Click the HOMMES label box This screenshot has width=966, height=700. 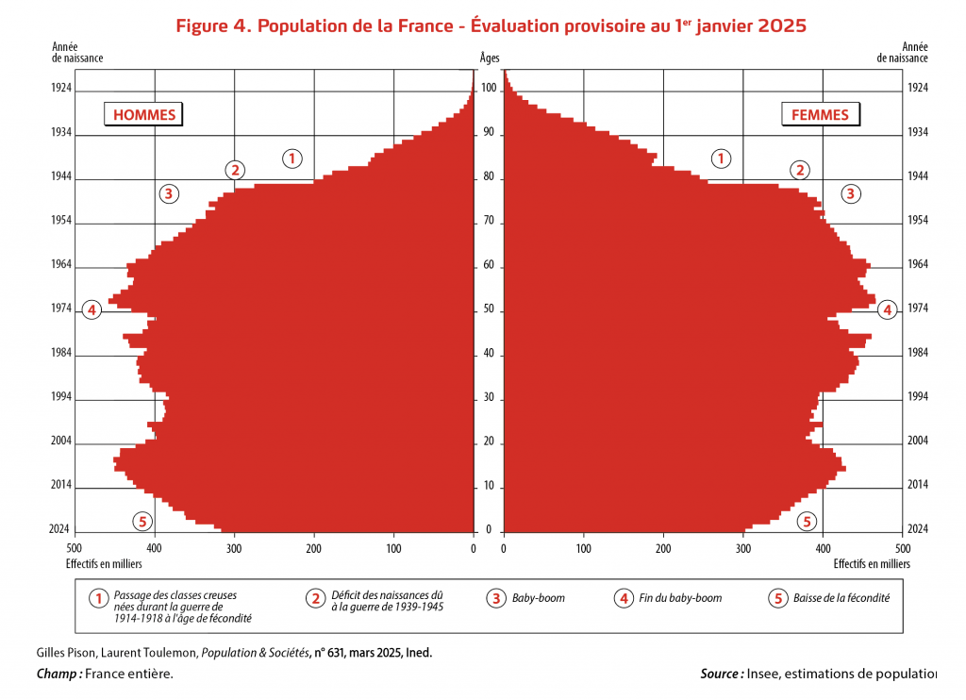(x=144, y=115)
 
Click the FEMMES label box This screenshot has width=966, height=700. (x=820, y=115)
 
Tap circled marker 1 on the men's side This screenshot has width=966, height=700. (x=292, y=158)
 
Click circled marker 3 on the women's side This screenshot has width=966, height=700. (x=850, y=194)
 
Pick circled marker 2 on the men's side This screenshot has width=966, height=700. (x=235, y=170)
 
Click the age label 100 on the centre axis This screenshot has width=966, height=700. (x=489, y=90)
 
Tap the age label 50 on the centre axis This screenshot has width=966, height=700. (x=489, y=310)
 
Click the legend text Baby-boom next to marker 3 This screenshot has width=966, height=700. (x=538, y=598)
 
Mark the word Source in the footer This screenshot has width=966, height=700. (x=721, y=674)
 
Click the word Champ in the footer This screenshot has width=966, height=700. (x=58, y=674)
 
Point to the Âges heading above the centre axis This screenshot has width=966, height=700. (x=489, y=58)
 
